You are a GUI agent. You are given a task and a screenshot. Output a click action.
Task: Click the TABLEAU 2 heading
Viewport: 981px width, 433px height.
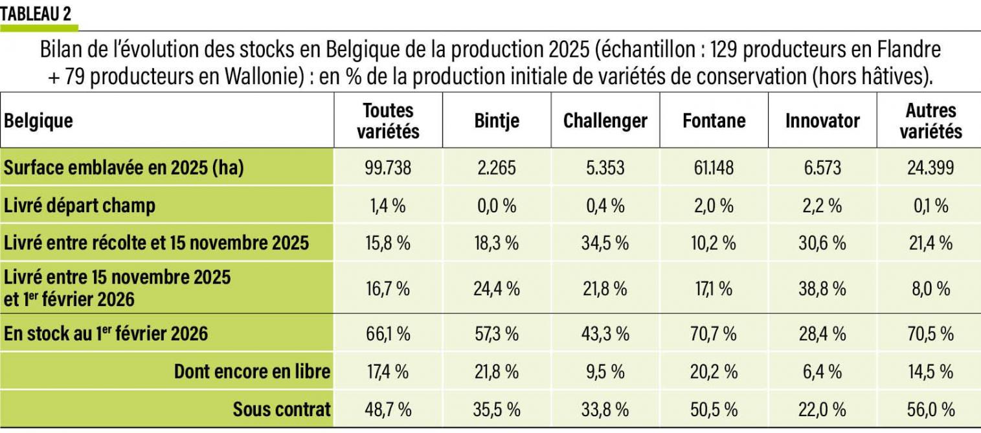tap(36, 14)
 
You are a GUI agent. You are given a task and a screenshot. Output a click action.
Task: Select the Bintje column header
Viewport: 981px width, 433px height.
tap(497, 121)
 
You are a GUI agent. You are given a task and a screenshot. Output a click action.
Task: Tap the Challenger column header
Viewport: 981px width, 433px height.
tap(605, 121)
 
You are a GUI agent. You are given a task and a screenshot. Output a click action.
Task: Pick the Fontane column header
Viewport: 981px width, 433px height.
tap(714, 121)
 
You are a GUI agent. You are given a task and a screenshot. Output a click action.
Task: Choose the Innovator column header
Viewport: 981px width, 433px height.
tap(822, 121)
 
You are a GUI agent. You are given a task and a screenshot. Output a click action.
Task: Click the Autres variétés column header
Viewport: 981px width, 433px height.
tap(930, 121)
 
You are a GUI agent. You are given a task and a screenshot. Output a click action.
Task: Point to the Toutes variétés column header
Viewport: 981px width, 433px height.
tap(388, 121)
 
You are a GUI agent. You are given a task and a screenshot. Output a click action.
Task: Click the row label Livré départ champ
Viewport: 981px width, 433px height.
tap(80, 206)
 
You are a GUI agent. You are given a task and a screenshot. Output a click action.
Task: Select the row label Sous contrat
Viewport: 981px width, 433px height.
tap(282, 409)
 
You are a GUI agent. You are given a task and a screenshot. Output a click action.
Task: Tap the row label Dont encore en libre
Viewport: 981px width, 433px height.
tap(252, 372)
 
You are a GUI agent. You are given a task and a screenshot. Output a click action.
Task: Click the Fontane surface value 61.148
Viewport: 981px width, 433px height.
tap(714, 168)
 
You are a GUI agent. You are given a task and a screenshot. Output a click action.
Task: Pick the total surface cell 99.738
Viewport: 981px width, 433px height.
tap(388, 168)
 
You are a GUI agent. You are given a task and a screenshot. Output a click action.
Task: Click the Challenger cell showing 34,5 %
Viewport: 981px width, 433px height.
tap(605, 243)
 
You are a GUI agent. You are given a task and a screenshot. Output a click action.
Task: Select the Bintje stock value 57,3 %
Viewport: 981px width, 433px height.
tap(497, 334)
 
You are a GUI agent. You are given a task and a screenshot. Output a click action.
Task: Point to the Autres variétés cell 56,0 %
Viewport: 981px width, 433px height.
tap(930, 409)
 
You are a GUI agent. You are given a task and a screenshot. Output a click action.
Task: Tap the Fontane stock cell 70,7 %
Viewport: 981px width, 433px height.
tap(714, 334)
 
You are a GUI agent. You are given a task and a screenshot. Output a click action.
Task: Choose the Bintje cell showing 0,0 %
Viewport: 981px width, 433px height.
tap(497, 206)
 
